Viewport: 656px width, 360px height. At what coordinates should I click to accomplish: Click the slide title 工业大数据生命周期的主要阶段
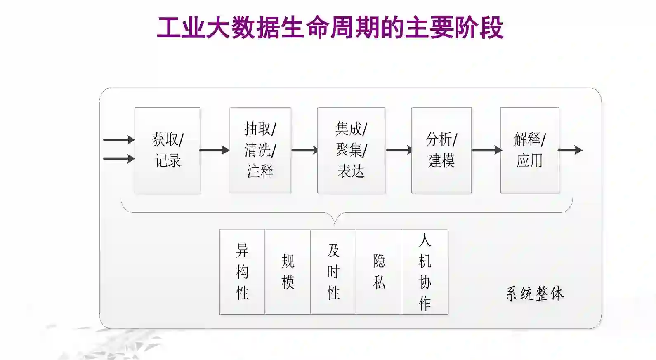(330, 28)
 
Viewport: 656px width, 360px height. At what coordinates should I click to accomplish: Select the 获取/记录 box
(168, 150)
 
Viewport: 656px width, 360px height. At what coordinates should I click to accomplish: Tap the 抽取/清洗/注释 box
(260, 150)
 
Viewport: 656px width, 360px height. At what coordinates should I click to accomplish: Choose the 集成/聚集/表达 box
(351, 150)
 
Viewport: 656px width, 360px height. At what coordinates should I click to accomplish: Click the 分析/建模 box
(441, 150)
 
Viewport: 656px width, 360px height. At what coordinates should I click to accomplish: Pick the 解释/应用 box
(530, 150)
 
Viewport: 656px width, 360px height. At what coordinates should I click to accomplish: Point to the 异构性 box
(242, 272)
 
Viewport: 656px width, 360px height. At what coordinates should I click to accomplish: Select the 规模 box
(288, 272)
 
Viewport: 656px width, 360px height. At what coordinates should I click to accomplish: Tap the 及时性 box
(333, 272)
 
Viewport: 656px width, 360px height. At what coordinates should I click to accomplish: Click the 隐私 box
(379, 272)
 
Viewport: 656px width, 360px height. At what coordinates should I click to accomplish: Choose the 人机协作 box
(425, 272)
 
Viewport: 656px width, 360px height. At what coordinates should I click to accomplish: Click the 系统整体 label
(535, 294)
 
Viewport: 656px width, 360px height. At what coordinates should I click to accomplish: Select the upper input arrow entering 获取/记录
(119, 140)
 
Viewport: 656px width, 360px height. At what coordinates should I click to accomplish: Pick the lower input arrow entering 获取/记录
(119, 159)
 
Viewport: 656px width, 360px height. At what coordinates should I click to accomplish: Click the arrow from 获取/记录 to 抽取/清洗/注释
(215, 150)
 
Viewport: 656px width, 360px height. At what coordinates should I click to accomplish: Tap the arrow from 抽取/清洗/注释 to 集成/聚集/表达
(304, 150)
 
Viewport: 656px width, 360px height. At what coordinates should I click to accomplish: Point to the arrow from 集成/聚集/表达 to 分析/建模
(399, 150)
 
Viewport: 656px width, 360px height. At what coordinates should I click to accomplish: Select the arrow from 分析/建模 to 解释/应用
(486, 150)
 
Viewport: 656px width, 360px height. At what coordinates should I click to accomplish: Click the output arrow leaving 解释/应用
(570, 150)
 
